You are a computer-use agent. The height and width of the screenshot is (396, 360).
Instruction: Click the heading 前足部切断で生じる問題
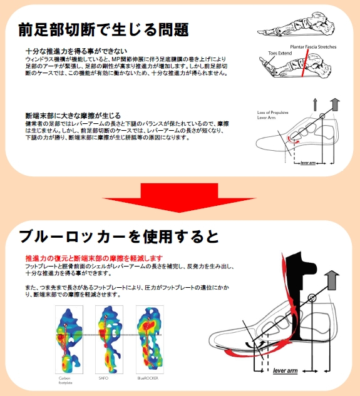103,29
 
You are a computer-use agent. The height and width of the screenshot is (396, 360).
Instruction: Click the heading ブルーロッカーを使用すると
119,236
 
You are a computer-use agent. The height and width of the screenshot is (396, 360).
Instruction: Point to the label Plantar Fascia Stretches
312,47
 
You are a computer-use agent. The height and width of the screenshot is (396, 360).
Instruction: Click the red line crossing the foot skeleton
304,66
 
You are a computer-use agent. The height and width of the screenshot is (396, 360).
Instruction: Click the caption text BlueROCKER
149,378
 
